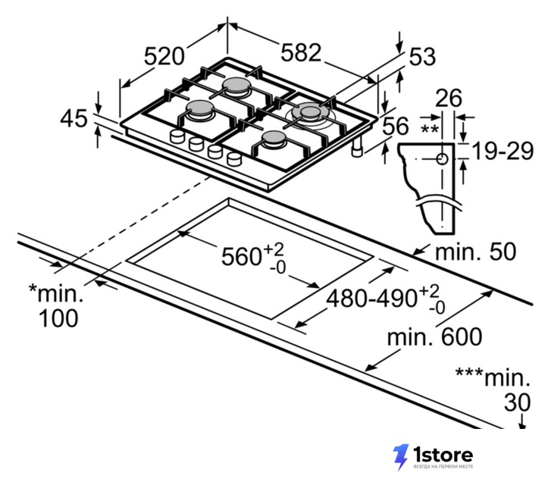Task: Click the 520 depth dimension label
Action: [x=164, y=56]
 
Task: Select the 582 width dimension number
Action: [x=301, y=53]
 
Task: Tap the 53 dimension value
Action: [x=422, y=56]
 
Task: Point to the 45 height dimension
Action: [x=74, y=118]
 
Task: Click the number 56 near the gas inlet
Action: [x=396, y=126]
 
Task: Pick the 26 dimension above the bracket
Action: [x=449, y=98]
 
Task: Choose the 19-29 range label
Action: [x=502, y=151]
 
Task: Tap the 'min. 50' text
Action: [x=476, y=252]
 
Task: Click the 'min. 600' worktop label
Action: [x=434, y=336]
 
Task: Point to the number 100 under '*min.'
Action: [x=58, y=318]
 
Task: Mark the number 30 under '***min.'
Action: [x=517, y=402]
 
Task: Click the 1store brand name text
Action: [x=443, y=455]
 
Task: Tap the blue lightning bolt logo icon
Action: [x=400, y=456]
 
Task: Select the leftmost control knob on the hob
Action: [x=177, y=136]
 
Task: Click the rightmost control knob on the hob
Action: [x=234, y=159]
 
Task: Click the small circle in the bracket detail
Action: [x=442, y=159]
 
